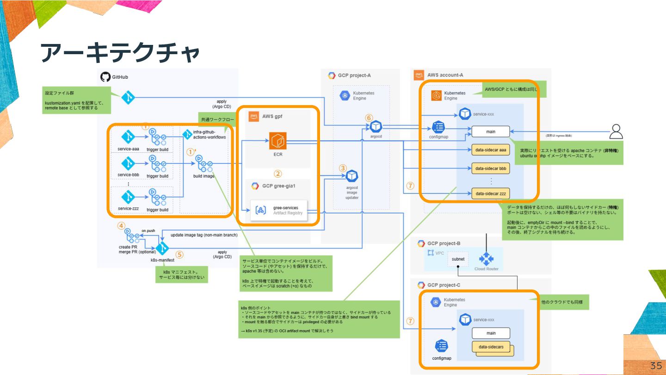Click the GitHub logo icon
pos(105,77)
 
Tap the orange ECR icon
pos(278,141)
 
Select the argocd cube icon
pos(376,126)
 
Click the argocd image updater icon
pos(352,176)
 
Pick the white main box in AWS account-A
pos(490,132)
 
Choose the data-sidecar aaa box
pos(490,150)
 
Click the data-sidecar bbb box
pos(490,169)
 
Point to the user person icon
pos(616,131)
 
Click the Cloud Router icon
pos(487,259)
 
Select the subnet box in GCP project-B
pos(458,259)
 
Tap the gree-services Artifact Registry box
pos(280,210)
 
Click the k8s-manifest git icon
pos(162,249)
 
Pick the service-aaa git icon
pos(128,137)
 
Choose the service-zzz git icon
pos(128,197)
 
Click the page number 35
pos(655,365)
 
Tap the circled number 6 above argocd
pos(369,118)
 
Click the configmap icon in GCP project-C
pos(441,346)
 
